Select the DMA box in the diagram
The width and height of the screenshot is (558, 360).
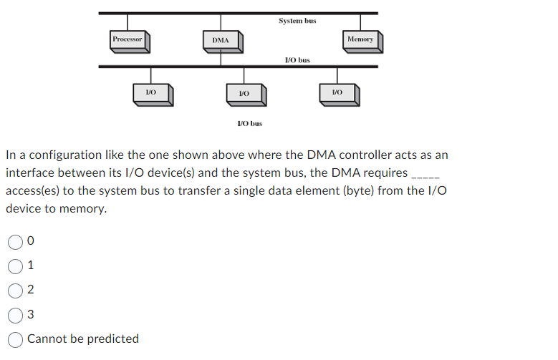(x=221, y=41)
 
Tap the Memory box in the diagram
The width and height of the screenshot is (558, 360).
(x=360, y=40)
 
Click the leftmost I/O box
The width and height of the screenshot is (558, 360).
(x=151, y=92)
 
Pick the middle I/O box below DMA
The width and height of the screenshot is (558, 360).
(x=244, y=93)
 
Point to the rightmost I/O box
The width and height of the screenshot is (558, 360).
(x=337, y=92)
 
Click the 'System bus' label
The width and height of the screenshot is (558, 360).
(x=297, y=21)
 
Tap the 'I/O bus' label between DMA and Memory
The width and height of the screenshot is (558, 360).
(x=297, y=60)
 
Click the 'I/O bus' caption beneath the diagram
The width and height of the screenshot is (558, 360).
(x=249, y=123)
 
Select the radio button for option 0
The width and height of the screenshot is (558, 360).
(x=15, y=242)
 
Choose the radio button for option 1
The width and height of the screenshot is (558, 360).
(x=15, y=266)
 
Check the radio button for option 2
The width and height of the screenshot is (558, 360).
(x=15, y=290)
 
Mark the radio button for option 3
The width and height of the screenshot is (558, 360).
(x=15, y=314)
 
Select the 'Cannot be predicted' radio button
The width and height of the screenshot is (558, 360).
(x=15, y=339)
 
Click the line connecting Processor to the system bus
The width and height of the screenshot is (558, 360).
(x=128, y=21)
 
